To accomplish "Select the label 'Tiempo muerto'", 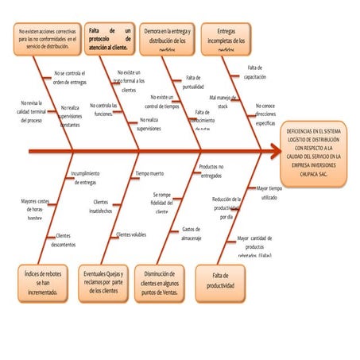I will pyautogui.click(x=149, y=173).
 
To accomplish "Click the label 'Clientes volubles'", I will pyautogui.click(x=131, y=234).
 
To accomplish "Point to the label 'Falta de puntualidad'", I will pyautogui.click(x=195, y=82).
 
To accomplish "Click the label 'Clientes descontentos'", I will pyautogui.click(x=64, y=240).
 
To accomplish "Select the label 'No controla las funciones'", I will pyautogui.click(x=104, y=110).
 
